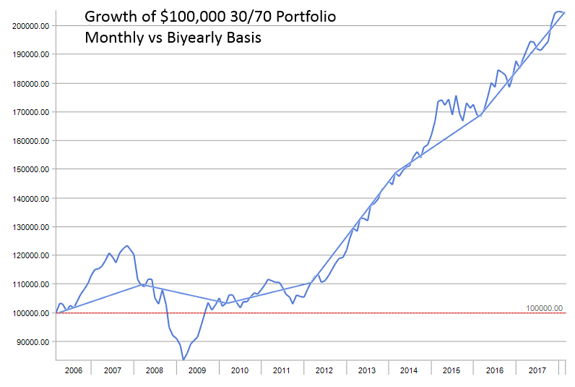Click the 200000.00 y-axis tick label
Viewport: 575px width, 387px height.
(30, 25)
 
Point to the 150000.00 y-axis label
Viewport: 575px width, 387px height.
(30, 169)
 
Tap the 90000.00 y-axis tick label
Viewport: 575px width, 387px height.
(33, 341)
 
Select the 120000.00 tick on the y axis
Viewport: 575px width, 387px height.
(30, 255)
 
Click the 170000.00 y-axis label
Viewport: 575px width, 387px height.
(30, 112)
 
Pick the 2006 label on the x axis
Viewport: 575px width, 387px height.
(74, 370)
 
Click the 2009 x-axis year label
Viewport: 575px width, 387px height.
(197, 370)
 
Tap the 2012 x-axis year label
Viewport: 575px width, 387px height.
(324, 370)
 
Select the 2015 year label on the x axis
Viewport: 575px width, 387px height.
(451, 370)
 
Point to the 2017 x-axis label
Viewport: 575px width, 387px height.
(537, 370)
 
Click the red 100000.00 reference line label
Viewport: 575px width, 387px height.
(545, 308)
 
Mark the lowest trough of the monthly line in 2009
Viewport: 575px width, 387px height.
(183, 359)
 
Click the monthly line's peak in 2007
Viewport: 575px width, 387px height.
(127, 246)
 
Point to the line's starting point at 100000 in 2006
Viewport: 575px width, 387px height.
(56, 313)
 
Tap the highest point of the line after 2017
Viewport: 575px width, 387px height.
(559, 11)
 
